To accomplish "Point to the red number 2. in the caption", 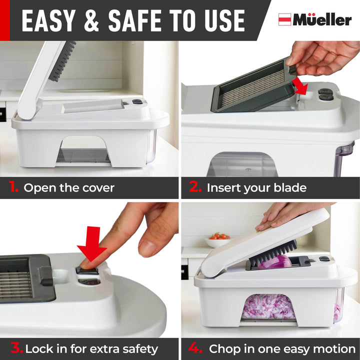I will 195,188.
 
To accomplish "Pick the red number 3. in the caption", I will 16,348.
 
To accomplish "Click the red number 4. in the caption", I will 195,348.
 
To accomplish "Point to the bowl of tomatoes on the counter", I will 218,240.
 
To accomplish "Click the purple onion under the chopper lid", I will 274,261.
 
